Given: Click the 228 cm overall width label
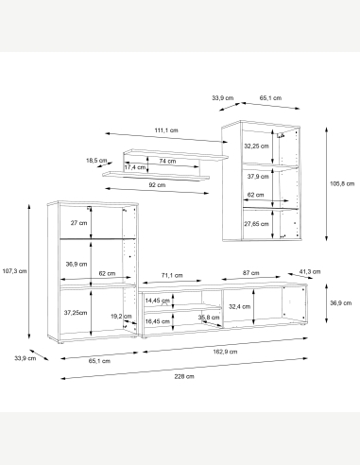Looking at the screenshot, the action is [184, 376].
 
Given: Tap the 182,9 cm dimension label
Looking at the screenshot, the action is [225, 352].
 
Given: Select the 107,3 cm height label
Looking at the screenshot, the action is [14, 270].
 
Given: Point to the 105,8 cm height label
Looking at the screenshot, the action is [342, 183].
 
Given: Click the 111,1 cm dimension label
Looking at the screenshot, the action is [166, 130].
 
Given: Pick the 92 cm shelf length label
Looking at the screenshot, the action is [157, 185].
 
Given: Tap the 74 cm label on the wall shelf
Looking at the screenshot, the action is [167, 161].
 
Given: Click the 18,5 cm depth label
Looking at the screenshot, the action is [96, 161].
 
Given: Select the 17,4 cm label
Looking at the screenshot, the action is [135, 167].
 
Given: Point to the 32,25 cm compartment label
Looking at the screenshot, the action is [256, 146].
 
